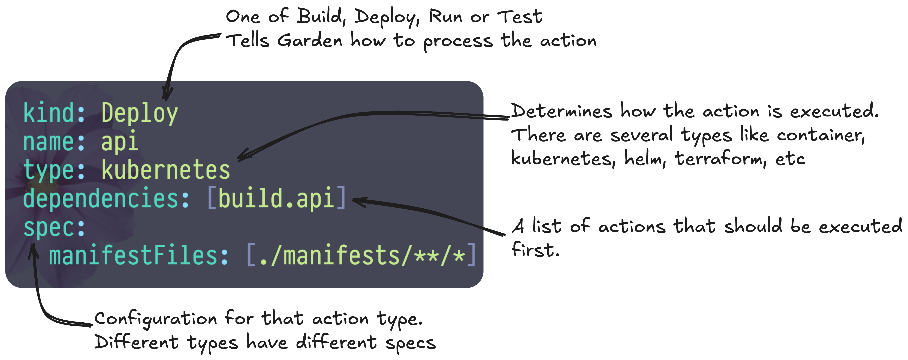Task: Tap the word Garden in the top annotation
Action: click(x=309, y=41)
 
